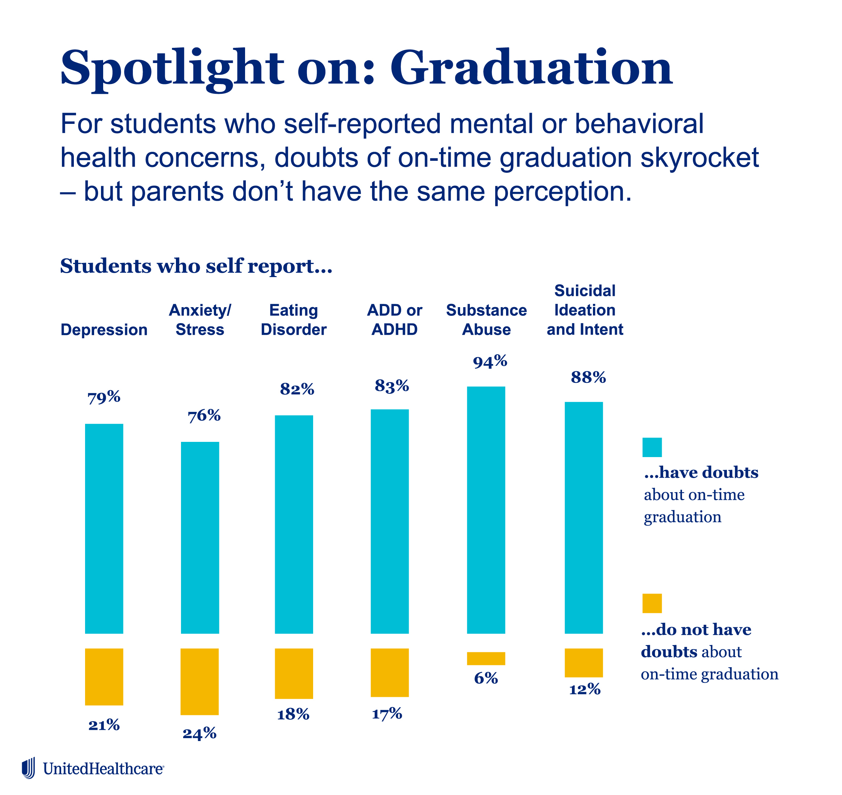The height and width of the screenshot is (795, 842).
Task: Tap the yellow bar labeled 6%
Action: point(486,658)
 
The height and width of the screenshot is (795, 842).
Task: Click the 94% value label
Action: point(490,361)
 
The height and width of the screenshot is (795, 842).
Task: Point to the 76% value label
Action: point(204,416)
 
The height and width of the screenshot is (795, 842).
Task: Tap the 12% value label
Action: point(585,690)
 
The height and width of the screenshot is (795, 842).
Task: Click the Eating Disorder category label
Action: point(294,320)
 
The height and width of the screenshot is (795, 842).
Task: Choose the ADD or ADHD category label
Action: point(394,320)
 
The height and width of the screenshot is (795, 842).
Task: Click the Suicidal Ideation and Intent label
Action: point(585,310)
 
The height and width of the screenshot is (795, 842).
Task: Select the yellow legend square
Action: point(652,603)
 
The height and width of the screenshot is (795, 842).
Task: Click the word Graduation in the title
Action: point(531,68)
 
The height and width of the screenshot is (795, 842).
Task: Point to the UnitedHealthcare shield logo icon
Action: point(28,768)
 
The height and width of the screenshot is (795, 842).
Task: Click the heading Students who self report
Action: point(196,266)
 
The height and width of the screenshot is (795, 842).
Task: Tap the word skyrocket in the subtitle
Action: point(699,158)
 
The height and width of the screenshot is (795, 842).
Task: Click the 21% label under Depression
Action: point(104,725)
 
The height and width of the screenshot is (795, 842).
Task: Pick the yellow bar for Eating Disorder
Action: point(294,673)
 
